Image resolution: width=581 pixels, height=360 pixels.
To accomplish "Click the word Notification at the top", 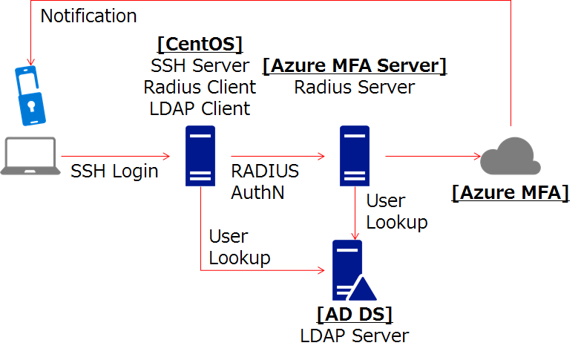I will [x=88, y=16].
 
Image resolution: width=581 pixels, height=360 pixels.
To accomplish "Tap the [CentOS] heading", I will [x=200, y=44].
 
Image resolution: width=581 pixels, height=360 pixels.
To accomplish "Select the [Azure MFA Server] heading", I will [x=355, y=66].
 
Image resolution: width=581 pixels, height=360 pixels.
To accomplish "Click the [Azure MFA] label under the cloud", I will [x=510, y=193].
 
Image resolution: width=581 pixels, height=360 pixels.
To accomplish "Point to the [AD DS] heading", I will [x=354, y=314].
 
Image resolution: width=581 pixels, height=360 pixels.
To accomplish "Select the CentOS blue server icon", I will [x=200, y=155].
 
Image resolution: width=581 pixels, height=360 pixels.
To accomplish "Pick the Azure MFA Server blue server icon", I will [x=355, y=155].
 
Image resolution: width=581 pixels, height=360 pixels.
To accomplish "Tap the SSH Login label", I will [x=114, y=171].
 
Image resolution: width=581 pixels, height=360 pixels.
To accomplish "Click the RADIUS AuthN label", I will [x=265, y=182].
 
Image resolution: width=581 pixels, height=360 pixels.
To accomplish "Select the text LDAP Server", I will [x=354, y=336].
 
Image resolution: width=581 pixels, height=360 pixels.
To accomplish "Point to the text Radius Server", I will [x=355, y=87].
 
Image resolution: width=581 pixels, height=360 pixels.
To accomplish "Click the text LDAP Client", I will [x=200, y=108].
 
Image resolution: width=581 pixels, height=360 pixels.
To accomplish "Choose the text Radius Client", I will [x=200, y=87].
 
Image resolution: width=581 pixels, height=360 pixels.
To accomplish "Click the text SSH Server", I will [x=200, y=65].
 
